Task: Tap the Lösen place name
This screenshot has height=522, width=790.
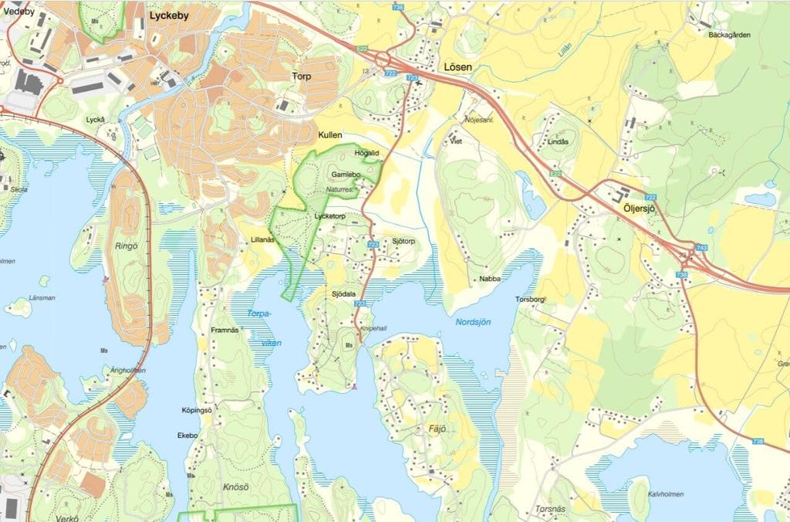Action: (458, 67)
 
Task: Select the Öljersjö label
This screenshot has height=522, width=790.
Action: (638, 208)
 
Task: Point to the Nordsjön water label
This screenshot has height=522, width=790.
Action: (473, 322)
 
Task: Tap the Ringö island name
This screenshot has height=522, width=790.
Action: (127, 246)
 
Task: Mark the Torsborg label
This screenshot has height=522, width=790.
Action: (531, 299)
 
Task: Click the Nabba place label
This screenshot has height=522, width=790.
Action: (489, 279)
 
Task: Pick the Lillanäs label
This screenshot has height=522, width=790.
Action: (262, 240)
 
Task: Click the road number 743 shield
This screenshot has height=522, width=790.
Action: (701, 248)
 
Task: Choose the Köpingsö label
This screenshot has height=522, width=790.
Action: (196, 410)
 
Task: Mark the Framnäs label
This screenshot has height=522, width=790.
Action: (226, 330)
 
